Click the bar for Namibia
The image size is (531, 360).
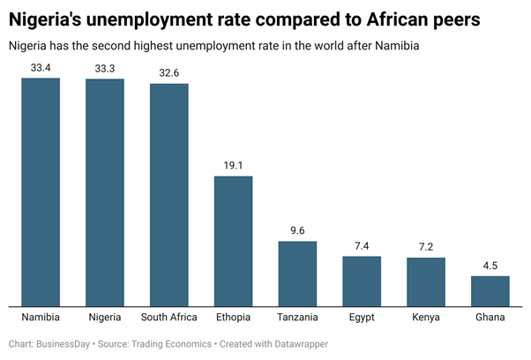41,191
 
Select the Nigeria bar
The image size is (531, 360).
105,192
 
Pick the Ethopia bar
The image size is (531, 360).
234,241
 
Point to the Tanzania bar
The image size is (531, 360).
297,273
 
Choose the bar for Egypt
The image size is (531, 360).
362,281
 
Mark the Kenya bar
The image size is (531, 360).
426,281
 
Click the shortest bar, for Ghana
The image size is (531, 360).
490,290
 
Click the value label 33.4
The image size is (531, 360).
41,67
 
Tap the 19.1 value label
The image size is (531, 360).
234,165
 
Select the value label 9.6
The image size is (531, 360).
297,230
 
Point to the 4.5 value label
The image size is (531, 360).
490,266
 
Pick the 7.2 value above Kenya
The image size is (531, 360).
426,247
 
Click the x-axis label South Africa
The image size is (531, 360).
169,317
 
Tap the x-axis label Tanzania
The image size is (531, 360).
297,317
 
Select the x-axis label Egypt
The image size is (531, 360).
362,317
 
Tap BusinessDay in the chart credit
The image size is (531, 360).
64,343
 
